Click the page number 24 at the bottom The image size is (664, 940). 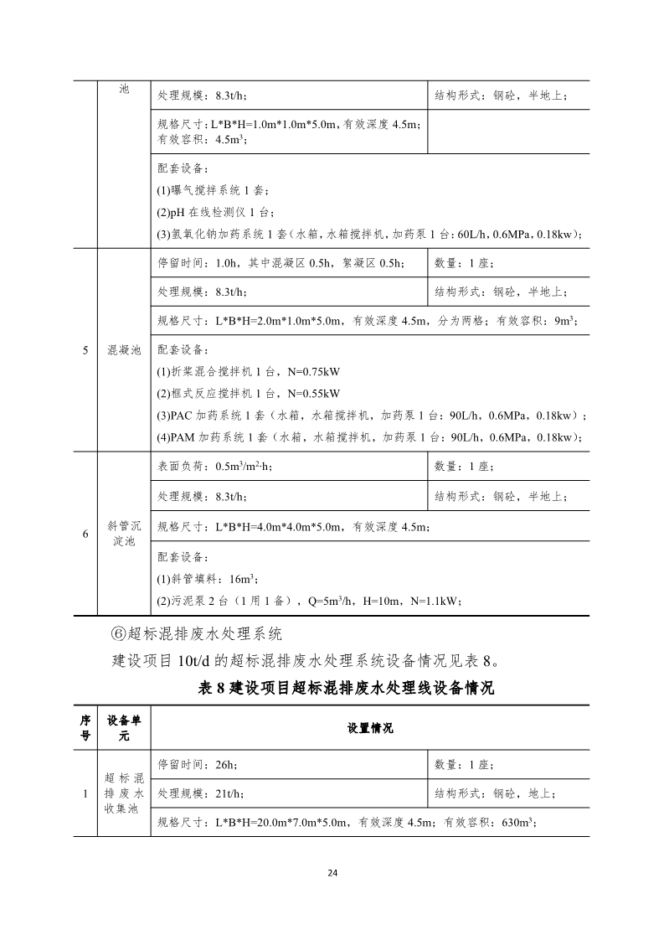pos(332,873)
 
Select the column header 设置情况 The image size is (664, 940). pos(370,728)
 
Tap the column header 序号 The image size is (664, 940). pos(85,728)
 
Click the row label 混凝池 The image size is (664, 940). pos(124,350)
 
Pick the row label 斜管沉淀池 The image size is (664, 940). pos(124,533)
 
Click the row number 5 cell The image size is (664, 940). pos(85,350)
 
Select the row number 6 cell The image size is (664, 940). pos(85,533)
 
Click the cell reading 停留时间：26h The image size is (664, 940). pos(198,764)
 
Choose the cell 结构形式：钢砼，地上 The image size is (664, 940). pos(495,793)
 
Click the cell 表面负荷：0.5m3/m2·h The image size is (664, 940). pos(214,467)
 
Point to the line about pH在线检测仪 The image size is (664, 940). pos(215,212)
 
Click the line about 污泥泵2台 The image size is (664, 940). pos(309,601)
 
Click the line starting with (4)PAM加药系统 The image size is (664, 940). pos(369,436)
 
